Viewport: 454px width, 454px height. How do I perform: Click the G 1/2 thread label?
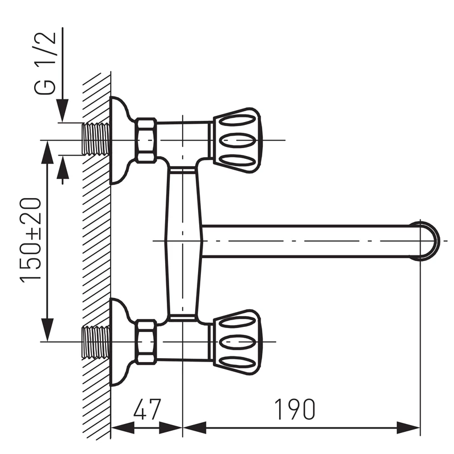(x=45, y=63)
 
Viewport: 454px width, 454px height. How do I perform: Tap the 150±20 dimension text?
(x=31, y=239)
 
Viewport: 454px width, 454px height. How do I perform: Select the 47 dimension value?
(x=146, y=409)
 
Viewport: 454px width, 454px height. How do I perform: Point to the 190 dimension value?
(x=294, y=409)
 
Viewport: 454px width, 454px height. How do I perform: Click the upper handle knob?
(x=237, y=140)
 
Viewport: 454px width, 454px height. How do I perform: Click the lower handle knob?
(x=237, y=342)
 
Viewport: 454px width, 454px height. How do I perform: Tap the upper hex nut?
(x=146, y=140)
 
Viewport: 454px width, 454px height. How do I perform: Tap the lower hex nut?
(x=146, y=342)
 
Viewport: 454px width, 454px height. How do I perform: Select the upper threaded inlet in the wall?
(x=96, y=139)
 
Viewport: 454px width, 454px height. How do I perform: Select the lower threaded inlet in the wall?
(x=96, y=342)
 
